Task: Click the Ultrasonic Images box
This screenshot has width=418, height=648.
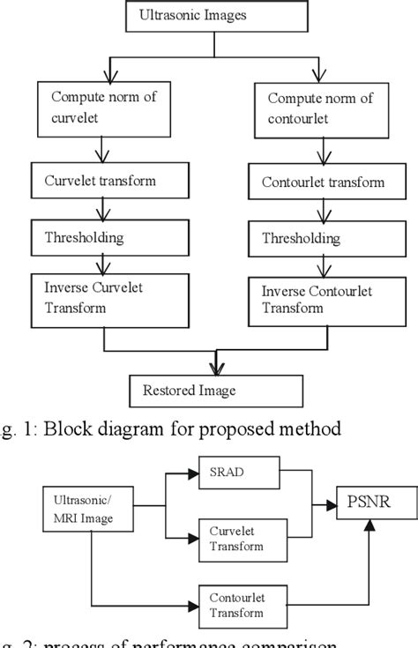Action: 211,16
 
